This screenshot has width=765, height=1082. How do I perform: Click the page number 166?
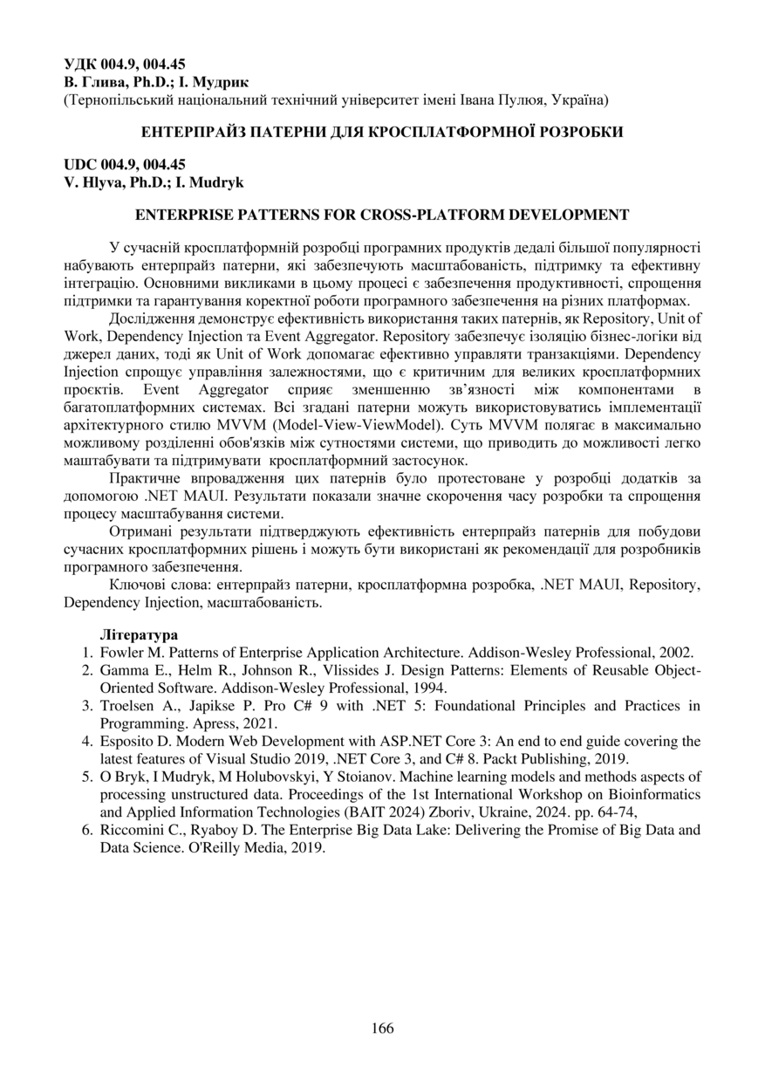pyautogui.click(x=382, y=1028)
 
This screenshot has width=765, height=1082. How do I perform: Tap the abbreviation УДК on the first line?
pyautogui.click(x=82, y=65)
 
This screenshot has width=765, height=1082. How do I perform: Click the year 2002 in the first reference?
pyautogui.click(x=676, y=652)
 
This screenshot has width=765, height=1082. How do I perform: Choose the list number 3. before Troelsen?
pyautogui.click(x=87, y=706)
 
